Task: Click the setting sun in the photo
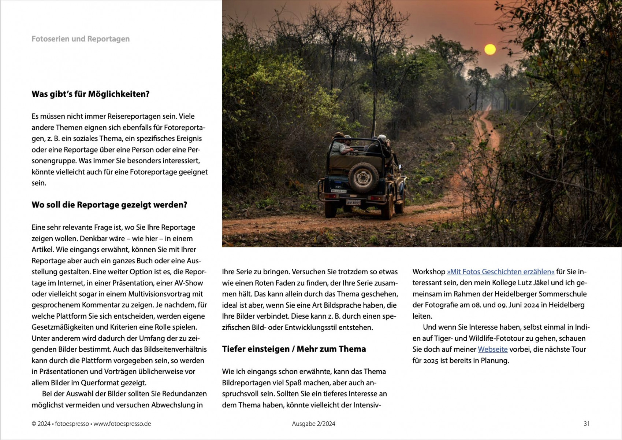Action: [490, 49]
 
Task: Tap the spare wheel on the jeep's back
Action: [363, 177]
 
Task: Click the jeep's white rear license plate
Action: [353, 202]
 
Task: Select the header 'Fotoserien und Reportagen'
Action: [81, 39]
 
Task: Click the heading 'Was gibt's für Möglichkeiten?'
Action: [90, 94]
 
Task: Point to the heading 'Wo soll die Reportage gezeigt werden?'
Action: [109, 205]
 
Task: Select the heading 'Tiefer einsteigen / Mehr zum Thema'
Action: [294, 349]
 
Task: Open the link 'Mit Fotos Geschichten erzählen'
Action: [500, 272]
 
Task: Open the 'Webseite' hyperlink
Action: [492, 349]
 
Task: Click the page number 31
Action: [586, 423]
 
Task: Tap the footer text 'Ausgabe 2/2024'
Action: [313, 423]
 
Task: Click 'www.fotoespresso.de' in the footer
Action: [122, 423]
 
